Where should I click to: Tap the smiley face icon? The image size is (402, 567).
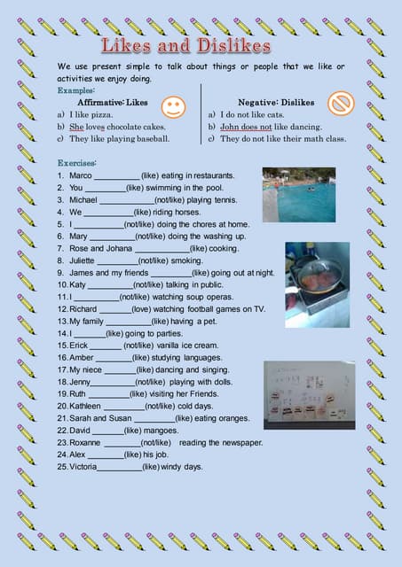pyautogui.click(x=174, y=107)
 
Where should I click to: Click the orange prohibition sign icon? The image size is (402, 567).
pyautogui.click(x=340, y=105)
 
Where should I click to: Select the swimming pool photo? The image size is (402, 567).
pyautogui.click(x=298, y=194)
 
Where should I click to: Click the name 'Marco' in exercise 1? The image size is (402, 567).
pyautogui.click(x=80, y=176)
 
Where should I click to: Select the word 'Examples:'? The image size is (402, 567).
pyautogui.click(x=77, y=90)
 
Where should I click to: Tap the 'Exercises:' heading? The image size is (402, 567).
pyautogui.click(x=77, y=164)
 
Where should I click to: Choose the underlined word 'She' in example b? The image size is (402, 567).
pyautogui.click(x=75, y=127)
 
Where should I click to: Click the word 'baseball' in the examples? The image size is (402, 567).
pyautogui.click(x=151, y=139)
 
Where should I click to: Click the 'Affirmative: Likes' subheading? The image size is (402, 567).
pyautogui.click(x=113, y=103)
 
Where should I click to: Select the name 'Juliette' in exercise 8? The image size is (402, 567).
pyautogui.click(x=83, y=261)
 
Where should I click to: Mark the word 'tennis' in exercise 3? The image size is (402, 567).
pyautogui.click(x=222, y=201)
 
